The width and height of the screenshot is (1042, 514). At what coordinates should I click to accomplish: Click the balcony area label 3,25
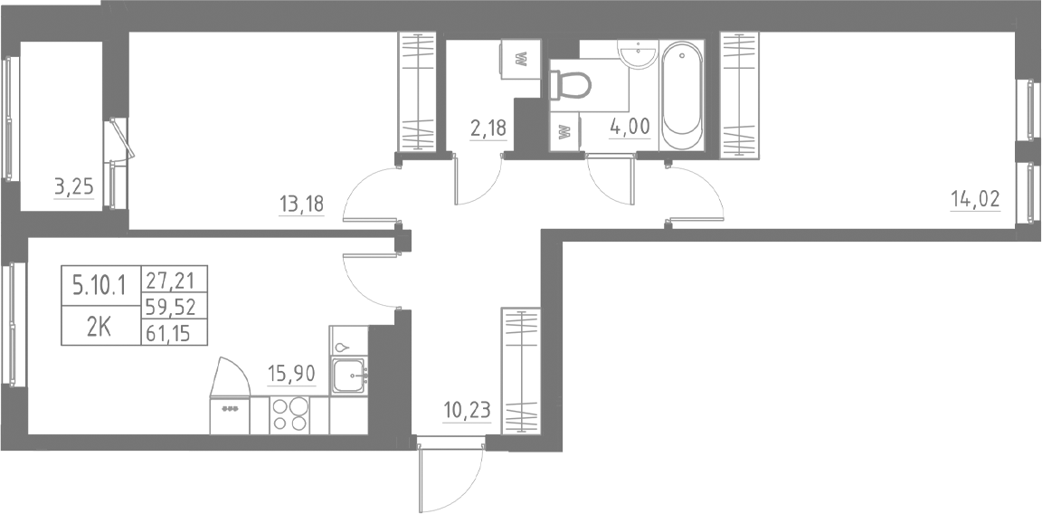(74, 188)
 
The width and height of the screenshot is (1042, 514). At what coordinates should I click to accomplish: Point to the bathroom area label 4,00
(630, 126)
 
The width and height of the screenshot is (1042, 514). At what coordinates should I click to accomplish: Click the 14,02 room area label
(974, 198)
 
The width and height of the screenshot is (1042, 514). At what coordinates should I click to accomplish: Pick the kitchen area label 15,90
(290, 372)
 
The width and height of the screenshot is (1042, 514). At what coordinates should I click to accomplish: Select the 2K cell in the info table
(99, 327)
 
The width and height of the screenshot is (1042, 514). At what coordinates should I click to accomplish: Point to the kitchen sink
(349, 375)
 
